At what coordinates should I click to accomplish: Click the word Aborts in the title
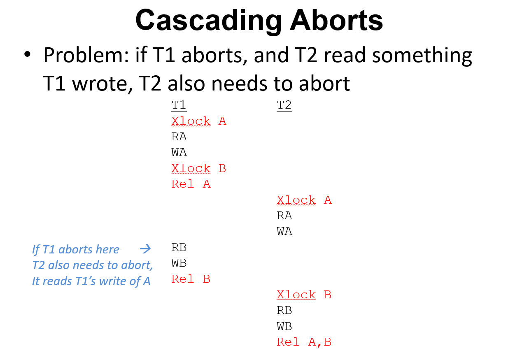pyautogui.click(x=336, y=20)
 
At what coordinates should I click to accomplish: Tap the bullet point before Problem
pyautogui.click(x=27, y=54)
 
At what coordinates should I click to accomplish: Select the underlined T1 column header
pyautogui.click(x=179, y=105)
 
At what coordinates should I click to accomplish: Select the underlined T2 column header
pyautogui.click(x=284, y=105)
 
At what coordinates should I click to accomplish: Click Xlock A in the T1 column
pyautogui.click(x=199, y=121)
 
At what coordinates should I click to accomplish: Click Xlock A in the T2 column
pyautogui.click(x=304, y=200)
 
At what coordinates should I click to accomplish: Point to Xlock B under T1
pyautogui.click(x=199, y=168)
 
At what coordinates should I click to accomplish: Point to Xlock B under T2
pyautogui.click(x=304, y=295)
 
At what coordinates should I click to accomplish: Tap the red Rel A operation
pyautogui.click(x=191, y=184)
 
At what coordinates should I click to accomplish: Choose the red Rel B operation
pyautogui.click(x=191, y=279)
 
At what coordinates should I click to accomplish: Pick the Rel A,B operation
pyautogui.click(x=304, y=342)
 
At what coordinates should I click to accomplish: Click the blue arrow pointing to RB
pyautogui.click(x=145, y=249)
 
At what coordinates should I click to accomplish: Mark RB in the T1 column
pyautogui.click(x=179, y=247)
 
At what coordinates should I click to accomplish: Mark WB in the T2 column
pyautogui.click(x=284, y=326)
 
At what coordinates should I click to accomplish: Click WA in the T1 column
pyautogui.click(x=179, y=152)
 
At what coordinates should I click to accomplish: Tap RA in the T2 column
pyautogui.click(x=284, y=216)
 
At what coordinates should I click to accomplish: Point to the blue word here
pyautogui.click(x=107, y=249)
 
